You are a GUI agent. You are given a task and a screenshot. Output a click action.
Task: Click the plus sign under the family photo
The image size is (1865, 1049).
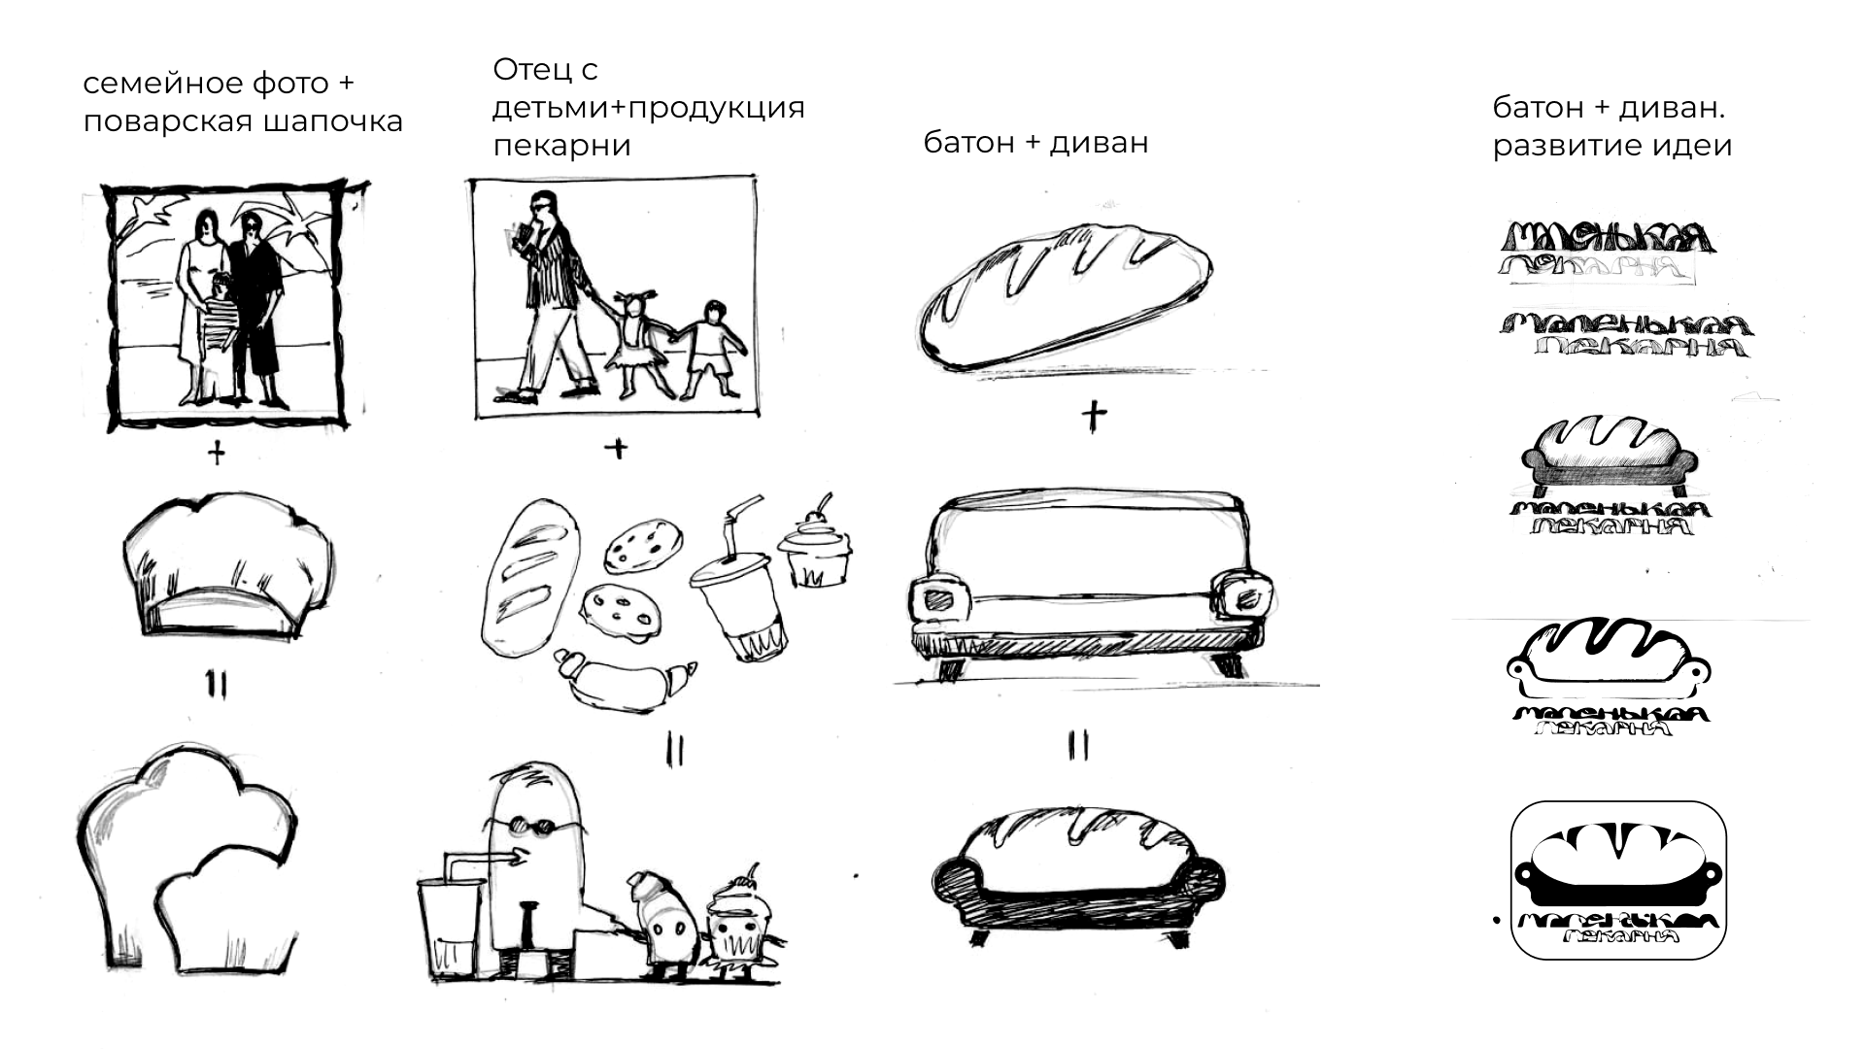216,453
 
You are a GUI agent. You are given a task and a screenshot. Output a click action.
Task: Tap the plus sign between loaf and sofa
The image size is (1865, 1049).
1094,416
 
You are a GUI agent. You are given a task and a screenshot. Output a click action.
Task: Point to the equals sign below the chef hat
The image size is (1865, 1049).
216,686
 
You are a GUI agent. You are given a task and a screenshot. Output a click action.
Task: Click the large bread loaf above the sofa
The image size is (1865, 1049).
1065,293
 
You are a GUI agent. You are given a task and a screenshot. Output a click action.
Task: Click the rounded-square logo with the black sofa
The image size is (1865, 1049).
1618,880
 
